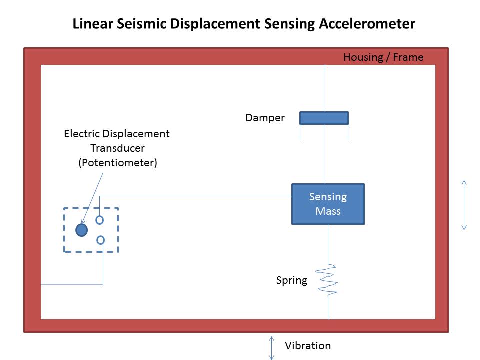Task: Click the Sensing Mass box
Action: [328, 204]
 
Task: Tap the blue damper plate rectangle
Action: [324, 118]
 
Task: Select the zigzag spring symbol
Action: [328, 280]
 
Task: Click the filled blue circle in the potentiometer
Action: [81, 230]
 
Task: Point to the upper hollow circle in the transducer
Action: [100, 220]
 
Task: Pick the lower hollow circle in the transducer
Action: [100, 240]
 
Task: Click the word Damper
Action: [265, 118]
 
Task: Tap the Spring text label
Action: [291, 280]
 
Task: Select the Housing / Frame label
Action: [383, 57]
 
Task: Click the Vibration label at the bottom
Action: [307, 346]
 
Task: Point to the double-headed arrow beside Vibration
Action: [272, 347]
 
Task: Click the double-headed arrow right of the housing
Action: [464, 205]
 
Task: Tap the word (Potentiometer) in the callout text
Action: [117, 163]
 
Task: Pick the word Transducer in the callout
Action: [117, 148]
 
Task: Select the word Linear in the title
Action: [90, 24]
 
